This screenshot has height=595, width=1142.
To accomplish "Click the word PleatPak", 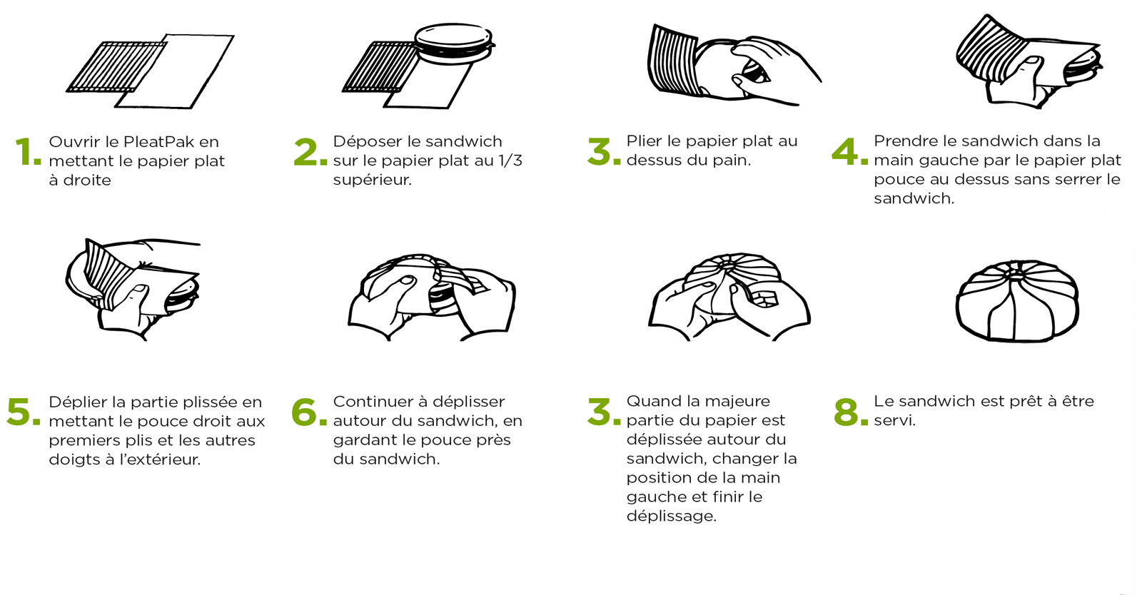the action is coord(158,142).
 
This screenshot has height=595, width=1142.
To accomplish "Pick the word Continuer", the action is coord(375,402).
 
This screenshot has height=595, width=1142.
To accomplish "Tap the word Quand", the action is coord(652,401).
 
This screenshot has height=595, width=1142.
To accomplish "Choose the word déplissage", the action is coord(671,516).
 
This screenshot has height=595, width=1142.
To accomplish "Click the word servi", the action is coord(894,420).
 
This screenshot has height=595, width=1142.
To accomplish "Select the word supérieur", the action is coord(372,180).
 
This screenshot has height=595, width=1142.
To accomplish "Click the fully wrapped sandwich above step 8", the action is coord(1016,301).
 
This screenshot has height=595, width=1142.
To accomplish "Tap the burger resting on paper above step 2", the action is coord(454,44).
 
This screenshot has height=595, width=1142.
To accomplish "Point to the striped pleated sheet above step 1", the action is coord(116,67).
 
